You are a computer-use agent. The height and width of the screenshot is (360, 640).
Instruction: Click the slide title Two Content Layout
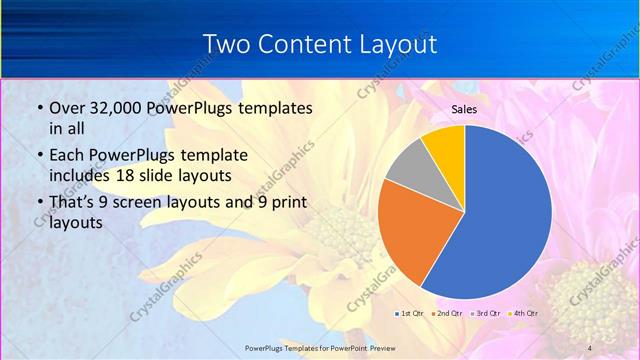click(319, 44)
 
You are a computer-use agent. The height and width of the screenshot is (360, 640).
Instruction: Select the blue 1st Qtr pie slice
click(510, 210)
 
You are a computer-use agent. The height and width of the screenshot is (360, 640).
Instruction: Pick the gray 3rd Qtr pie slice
click(409, 167)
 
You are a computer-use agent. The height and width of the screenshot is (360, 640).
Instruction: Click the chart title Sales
click(464, 109)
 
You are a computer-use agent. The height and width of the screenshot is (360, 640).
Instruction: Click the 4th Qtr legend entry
click(525, 313)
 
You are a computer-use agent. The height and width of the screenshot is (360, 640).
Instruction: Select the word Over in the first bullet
click(67, 107)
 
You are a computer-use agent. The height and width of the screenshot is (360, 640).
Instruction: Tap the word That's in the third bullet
click(75, 202)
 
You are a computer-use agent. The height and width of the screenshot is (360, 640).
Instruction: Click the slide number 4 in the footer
click(589, 347)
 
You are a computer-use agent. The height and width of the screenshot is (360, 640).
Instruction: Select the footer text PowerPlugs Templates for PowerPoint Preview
click(319, 347)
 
